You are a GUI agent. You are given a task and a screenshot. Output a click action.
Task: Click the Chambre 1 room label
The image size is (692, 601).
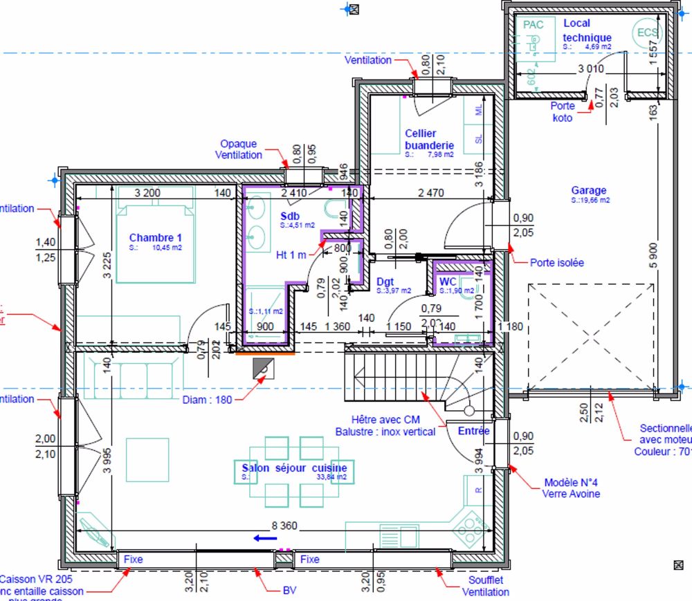[x=150, y=237]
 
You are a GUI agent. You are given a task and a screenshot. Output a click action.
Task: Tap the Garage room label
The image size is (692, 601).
[x=589, y=190]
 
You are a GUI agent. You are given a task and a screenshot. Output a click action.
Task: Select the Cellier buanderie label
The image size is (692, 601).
[x=429, y=139]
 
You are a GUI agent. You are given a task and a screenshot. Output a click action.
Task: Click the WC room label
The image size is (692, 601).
[x=448, y=281]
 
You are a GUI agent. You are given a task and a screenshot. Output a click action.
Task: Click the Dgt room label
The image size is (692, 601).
[x=385, y=281]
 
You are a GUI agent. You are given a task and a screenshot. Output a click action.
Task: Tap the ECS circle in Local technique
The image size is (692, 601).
[x=647, y=33]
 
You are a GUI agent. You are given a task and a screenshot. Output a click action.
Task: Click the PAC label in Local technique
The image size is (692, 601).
[x=534, y=25]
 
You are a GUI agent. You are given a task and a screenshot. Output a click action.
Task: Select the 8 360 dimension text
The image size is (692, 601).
[x=284, y=526]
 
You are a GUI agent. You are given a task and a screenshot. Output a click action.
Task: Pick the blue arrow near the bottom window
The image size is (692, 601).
[x=260, y=537]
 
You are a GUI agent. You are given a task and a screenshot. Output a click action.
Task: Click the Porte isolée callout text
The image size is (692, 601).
[x=556, y=263]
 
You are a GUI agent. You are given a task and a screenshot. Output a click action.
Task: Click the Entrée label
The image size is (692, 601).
[x=473, y=431]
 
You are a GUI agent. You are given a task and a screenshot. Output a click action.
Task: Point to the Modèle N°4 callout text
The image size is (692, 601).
[x=572, y=483]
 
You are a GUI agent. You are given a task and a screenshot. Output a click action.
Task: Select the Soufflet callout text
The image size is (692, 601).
[x=485, y=580]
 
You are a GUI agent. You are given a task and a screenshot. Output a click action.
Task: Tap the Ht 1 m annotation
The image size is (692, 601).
[x=291, y=255]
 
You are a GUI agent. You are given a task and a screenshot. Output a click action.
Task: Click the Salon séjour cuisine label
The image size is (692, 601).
[x=294, y=468]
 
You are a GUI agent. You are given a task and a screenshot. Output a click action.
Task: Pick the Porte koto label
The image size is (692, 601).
[x=562, y=112]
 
